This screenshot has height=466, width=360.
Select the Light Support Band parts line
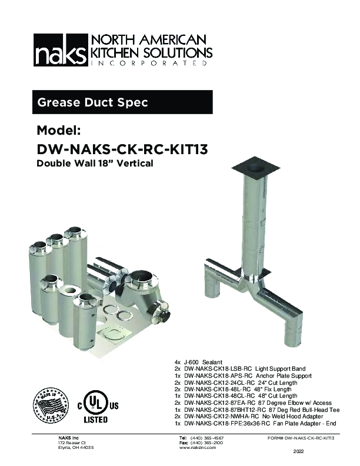click(x=235, y=368)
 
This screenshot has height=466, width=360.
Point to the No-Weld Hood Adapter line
click(x=247, y=417)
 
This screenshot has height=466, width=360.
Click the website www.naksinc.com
click(x=197, y=448)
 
